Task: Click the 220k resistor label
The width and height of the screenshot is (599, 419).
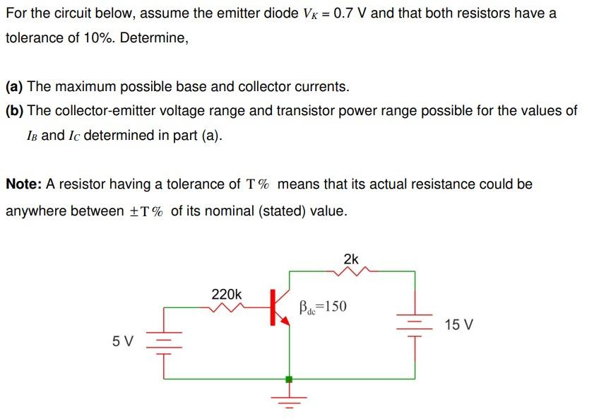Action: [x=226, y=293]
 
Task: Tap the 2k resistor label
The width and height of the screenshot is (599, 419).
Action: [x=351, y=259]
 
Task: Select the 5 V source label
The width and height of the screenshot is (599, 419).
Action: [x=122, y=341]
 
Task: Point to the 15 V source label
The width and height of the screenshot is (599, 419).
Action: [x=459, y=325]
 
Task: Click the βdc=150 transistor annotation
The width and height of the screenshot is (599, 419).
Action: [x=323, y=307]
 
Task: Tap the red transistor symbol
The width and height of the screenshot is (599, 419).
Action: [x=278, y=308]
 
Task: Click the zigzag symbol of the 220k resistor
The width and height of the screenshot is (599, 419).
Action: [x=227, y=307]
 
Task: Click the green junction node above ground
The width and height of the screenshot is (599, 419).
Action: [x=288, y=379]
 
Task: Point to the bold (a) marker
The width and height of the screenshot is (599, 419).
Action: [x=14, y=87]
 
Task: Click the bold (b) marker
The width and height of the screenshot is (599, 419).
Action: [x=14, y=111]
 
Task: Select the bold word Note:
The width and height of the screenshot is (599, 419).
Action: [x=24, y=184]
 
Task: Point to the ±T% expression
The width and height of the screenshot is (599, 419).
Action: [x=145, y=212]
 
